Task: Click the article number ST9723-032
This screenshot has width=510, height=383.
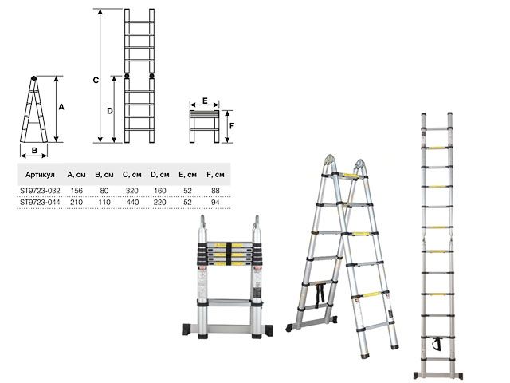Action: [40, 190]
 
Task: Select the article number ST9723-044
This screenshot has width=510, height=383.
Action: [40, 203]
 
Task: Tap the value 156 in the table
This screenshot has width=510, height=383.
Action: [76, 190]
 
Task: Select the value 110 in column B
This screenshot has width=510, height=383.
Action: [103, 203]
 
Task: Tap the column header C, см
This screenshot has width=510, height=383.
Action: [131, 174]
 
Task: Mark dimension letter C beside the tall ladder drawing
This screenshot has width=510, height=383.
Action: [95, 80]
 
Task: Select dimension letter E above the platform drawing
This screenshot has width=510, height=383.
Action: [205, 101]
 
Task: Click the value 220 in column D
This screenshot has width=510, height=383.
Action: [159, 203]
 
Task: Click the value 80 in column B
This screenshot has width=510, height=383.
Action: [103, 190]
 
